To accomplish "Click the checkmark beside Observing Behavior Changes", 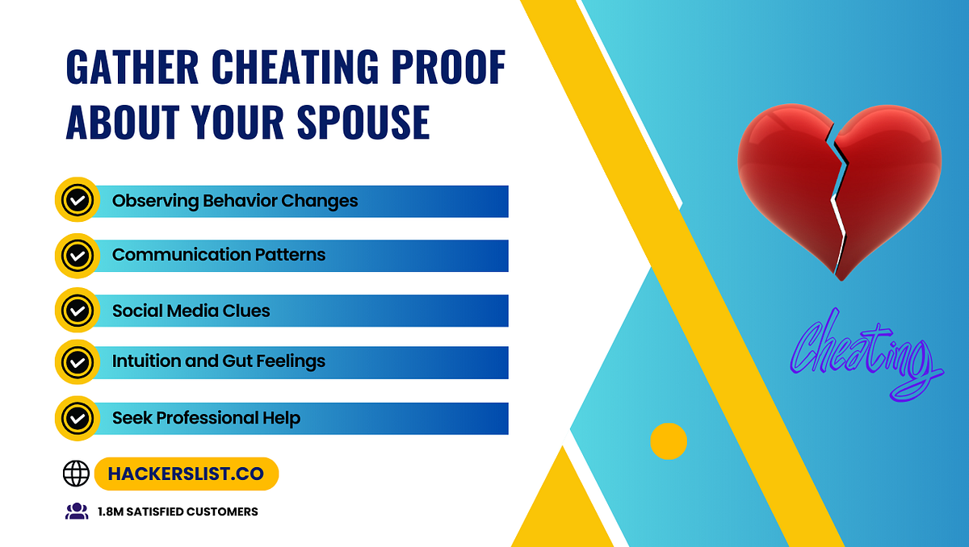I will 78,201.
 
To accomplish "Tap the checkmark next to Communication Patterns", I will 78,256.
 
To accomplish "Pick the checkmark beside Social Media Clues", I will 78,311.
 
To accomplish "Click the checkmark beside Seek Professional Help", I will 78,418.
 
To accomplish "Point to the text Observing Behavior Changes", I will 234,201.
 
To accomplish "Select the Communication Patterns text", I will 218,255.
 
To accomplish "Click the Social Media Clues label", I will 191,311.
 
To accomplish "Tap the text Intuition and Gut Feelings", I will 218,362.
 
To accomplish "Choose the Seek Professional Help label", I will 206,418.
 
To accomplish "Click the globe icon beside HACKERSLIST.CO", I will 76,474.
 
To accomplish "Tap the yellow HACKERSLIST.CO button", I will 186,474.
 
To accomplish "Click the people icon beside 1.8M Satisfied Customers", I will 76,511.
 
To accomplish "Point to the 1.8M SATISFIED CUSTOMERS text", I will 178,512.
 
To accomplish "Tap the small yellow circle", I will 669,441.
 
